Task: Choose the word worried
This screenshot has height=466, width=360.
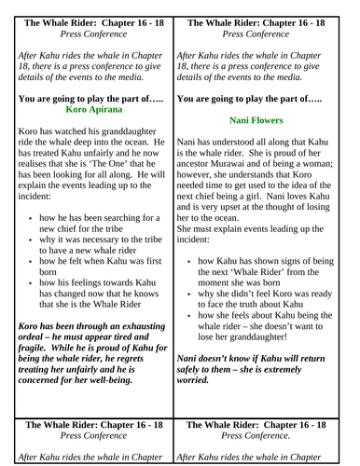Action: click(x=201, y=380)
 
